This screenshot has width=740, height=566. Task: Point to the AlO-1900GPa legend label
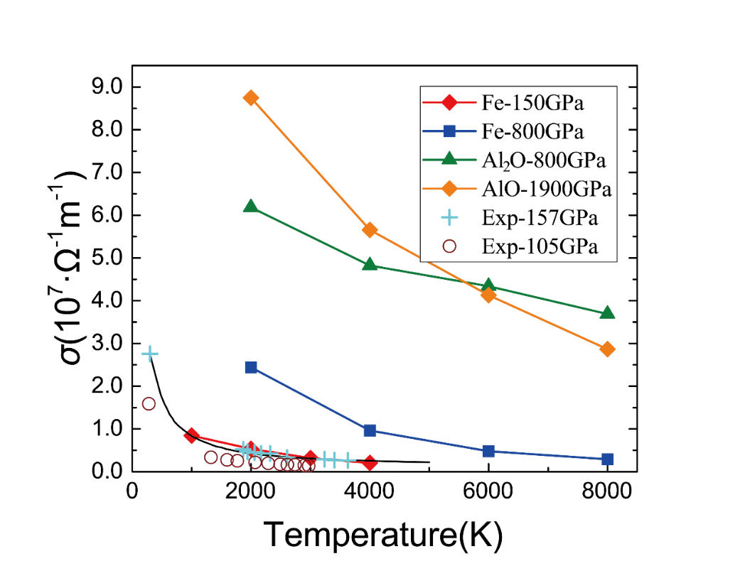(547, 189)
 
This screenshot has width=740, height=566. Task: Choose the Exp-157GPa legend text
(539, 218)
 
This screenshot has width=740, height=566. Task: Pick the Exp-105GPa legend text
(539, 246)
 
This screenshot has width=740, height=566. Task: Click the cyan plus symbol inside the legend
(449, 218)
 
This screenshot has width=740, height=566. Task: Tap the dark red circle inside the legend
(449, 246)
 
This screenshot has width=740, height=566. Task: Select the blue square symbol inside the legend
(449, 131)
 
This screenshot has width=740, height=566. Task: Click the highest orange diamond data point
(250, 97)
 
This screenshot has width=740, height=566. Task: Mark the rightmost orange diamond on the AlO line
(607, 349)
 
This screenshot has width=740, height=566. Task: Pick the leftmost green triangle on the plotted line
(250, 206)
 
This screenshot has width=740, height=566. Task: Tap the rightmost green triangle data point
(607, 312)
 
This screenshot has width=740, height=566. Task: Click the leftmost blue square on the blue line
(250, 367)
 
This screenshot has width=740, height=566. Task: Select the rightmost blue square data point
(607, 459)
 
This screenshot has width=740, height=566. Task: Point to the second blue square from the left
(370, 430)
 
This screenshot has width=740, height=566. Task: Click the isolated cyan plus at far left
(149, 353)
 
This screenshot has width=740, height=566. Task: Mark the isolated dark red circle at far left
(149, 403)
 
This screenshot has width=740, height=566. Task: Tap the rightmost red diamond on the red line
(370, 463)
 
